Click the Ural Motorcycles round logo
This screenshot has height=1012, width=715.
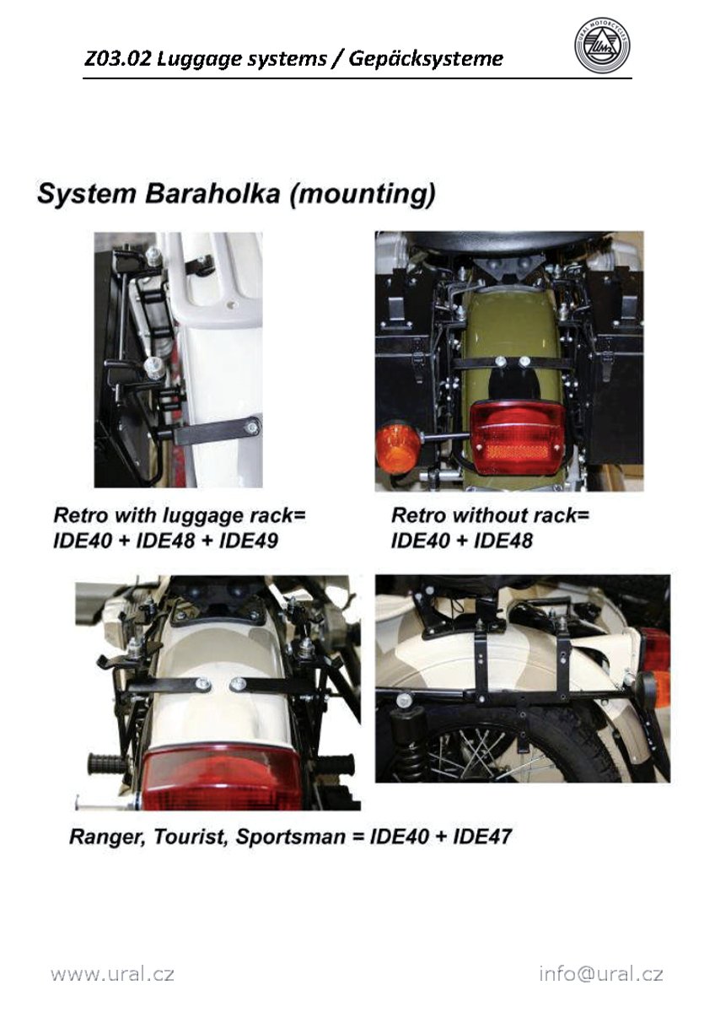click(603, 46)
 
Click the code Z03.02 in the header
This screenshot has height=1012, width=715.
click(117, 59)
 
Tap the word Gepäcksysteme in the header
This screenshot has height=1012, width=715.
click(426, 60)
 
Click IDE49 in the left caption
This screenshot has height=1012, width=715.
click(249, 541)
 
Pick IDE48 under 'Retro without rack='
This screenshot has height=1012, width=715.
click(503, 541)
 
